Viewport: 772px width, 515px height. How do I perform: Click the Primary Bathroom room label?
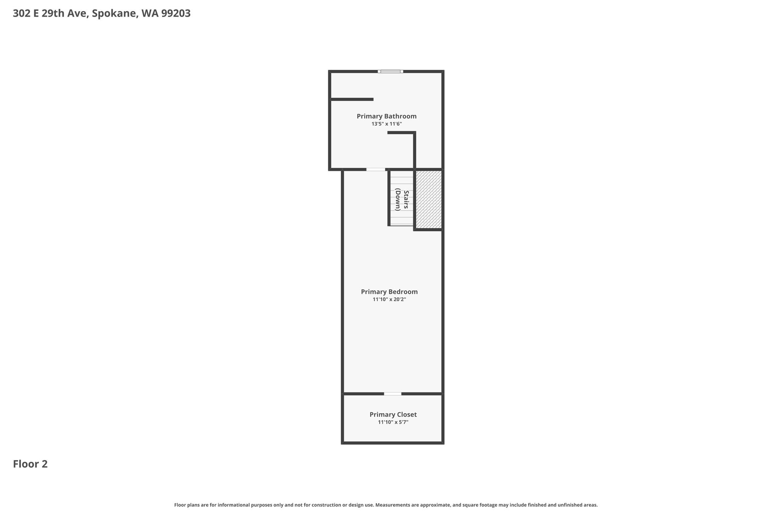coord(386,116)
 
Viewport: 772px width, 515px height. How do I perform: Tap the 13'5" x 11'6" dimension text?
coord(386,124)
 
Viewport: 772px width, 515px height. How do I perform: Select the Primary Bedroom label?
coord(389,292)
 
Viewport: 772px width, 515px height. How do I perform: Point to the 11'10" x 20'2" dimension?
coord(389,300)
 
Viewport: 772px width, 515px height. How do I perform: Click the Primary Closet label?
coord(393,415)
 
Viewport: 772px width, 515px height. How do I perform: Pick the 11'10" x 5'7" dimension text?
coord(393,422)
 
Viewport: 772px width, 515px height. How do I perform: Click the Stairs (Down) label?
coord(402,200)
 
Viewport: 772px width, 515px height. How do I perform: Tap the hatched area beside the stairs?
coord(429,199)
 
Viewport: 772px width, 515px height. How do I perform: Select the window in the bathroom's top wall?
coord(390,71)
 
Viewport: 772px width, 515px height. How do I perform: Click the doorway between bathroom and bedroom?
coord(376,169)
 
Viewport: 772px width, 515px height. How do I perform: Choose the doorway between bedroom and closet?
coord(393,394)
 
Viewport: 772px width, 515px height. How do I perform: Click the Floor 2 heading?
coord(30,464)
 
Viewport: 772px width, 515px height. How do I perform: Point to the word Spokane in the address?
coord(115,14)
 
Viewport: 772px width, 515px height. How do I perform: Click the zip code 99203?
coord(176,14)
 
